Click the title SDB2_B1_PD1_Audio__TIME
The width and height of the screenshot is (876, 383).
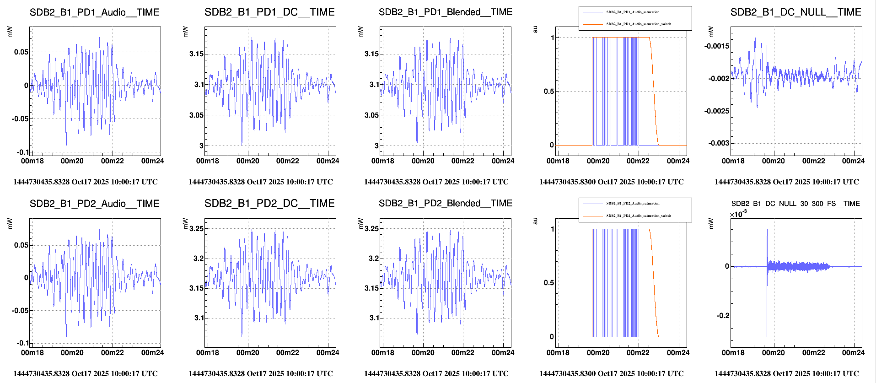tap(94, 12)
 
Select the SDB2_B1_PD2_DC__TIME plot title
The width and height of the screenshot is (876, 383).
tap(269, 204)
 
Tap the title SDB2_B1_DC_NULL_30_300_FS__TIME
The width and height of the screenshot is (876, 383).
tap(795, 204)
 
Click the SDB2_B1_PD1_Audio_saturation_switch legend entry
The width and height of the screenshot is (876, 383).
tap(639, 24)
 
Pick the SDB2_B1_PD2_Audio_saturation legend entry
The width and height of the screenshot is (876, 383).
tap(633, 203)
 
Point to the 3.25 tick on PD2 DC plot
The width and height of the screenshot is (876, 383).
tap(196, 228)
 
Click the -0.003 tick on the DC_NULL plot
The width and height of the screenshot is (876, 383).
tap(716, 143)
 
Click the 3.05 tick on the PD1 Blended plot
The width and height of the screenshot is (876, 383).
tap(371, 115)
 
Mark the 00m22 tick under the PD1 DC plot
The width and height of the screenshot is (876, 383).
tap(287, 161)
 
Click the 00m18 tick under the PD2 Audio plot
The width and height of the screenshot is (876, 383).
tap(32, 353)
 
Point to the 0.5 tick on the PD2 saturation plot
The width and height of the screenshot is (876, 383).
tap(549, 283)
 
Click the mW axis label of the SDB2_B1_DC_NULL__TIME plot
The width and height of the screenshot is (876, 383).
tap(711, 32)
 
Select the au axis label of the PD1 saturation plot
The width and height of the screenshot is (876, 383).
tap(535, 29)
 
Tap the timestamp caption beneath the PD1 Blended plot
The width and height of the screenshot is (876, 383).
tap(436, 182)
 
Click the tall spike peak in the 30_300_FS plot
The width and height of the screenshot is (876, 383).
tap(767, 230)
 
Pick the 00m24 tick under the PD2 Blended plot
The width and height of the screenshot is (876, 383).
tap(503, 353)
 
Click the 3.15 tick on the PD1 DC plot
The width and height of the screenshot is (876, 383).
tap(196, 54)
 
